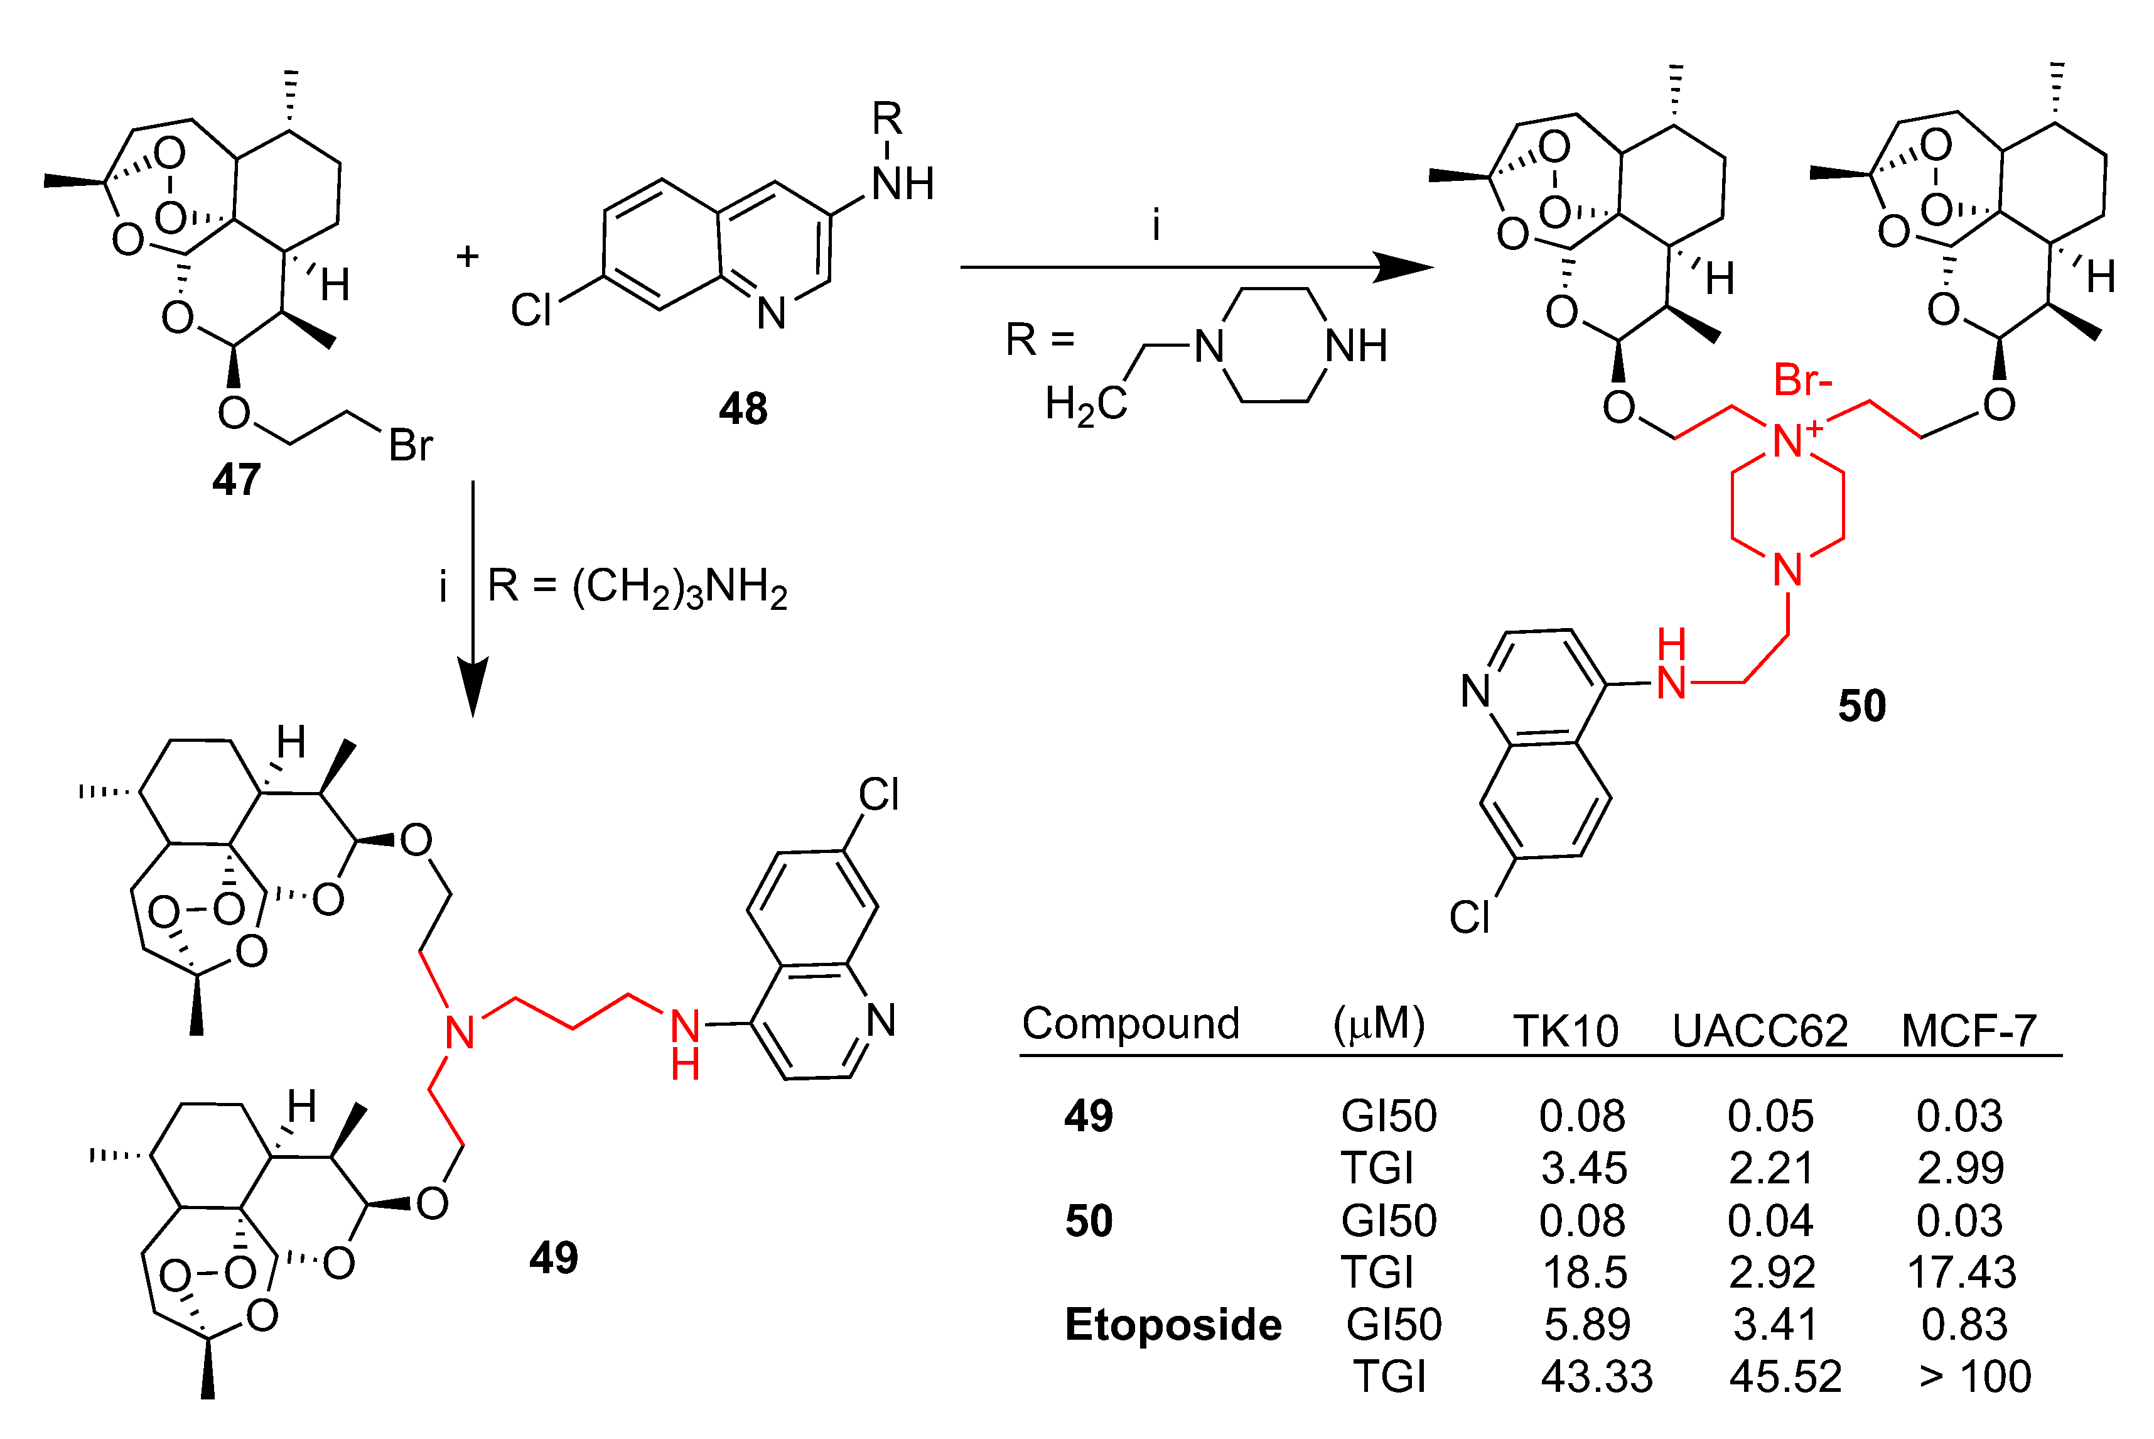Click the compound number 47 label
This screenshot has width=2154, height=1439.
click(237, 479)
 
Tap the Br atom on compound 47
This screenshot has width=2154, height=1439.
click(410, 446)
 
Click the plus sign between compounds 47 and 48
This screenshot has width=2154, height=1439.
click(468, 256)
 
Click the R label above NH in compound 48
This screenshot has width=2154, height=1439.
click(887, 118)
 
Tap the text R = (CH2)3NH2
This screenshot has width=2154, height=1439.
click(637, 587)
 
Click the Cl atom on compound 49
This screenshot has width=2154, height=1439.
click(878, 795)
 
